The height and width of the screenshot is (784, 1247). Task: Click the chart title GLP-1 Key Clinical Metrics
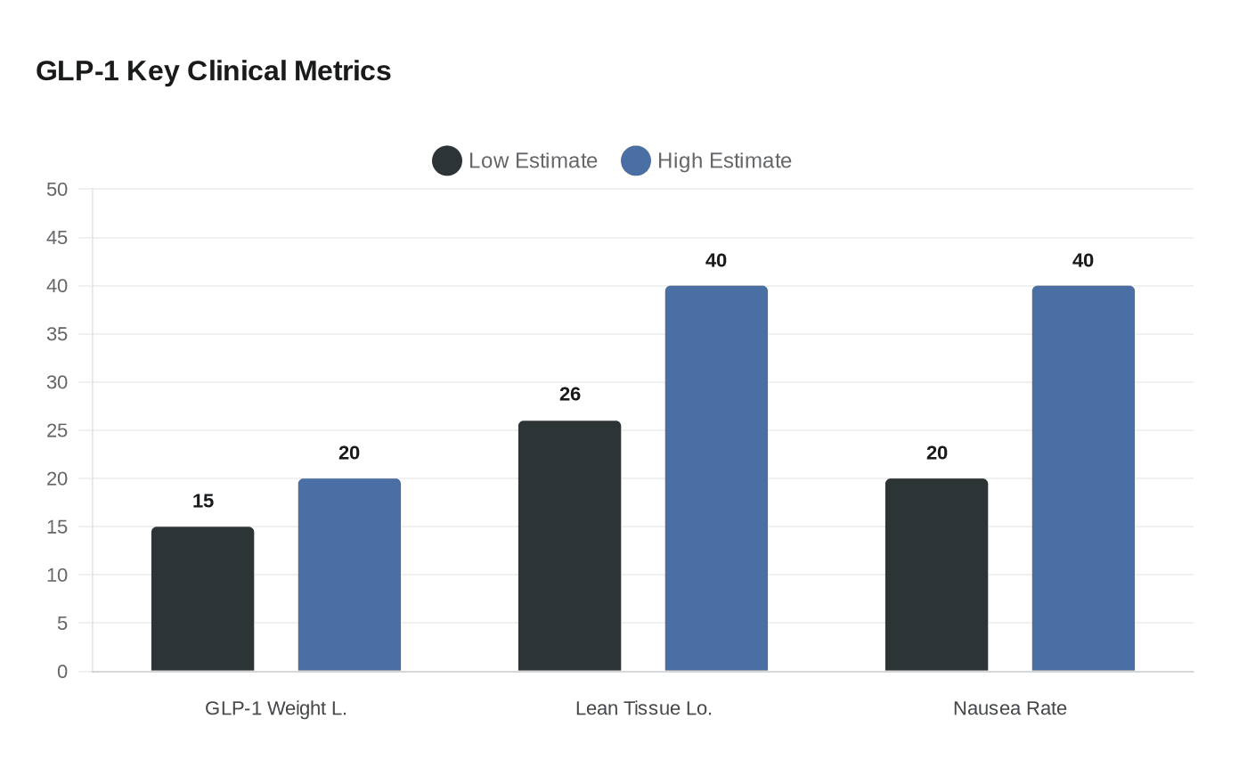pos(213,70)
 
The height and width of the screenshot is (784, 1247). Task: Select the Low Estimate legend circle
pos(447,160)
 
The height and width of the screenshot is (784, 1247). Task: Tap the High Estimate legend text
pos(723,160)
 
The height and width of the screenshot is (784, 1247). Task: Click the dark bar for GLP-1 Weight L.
pos(202,599)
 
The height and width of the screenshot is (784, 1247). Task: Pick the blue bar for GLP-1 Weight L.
pos(349,575)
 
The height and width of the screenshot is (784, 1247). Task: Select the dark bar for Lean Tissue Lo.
pos(569,545)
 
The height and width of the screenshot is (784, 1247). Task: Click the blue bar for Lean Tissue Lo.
pos(716,478)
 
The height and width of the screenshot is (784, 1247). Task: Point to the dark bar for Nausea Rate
pos(936,575)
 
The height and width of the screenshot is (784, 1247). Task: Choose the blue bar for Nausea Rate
pos(1083,478)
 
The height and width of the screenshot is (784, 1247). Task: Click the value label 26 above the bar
pos(569,394)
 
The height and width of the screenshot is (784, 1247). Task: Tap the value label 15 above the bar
pos(202,501)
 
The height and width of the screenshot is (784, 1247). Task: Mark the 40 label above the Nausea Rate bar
pos(1083,260)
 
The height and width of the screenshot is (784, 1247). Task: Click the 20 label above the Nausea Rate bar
pos(936,453)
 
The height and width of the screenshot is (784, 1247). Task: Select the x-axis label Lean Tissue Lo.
pos(643,708)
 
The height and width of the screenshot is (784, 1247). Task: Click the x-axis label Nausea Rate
pos(1009,708)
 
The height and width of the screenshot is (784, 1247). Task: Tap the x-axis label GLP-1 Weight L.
pos(275,708)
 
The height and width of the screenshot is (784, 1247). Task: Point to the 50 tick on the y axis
pos(57,189)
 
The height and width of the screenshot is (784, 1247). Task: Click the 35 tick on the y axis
pos(57,334)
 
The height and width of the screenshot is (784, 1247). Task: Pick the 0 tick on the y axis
pos(62,672)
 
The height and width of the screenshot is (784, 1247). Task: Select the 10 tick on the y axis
pos(57,575)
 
